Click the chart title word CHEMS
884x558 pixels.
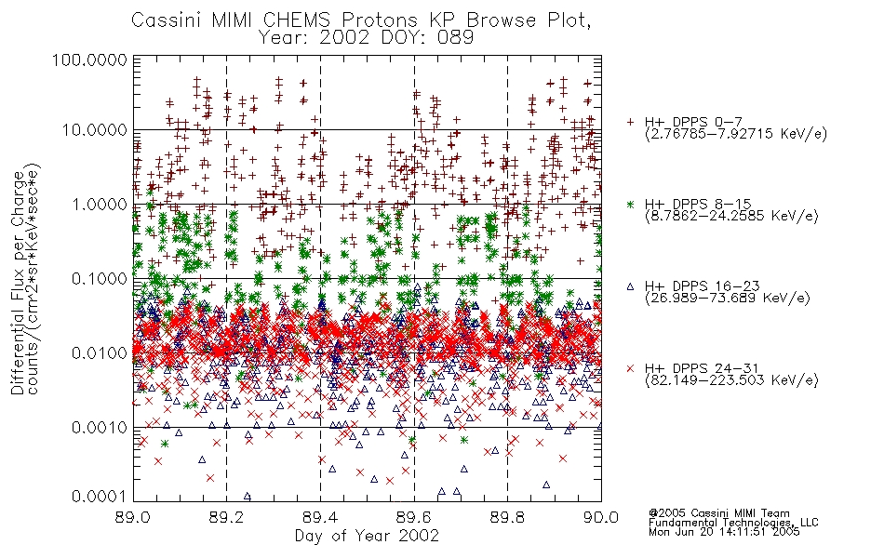click(298, 20)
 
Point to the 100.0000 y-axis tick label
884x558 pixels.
click(90, 60)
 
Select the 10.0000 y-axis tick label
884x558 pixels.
click(95, 130)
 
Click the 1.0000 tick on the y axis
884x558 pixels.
click(100, 205)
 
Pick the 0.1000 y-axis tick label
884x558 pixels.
click(100, 279)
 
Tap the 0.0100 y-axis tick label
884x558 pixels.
click(100, 353)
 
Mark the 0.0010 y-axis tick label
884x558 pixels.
click(100, 428)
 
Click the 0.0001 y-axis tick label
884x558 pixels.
click(100, 497)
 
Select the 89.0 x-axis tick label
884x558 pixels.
click(133, 517)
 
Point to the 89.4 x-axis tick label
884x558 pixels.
click(320, 517)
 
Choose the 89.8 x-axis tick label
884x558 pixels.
click(507, 517)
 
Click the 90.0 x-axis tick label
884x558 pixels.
click(601, 517)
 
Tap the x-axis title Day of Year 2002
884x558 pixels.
click(367, 536)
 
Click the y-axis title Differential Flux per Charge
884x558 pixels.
click(18, 282)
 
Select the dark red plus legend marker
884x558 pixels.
click(630, 122)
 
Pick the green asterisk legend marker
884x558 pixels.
click(630, 204)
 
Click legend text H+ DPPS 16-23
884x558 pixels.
click(702, 286)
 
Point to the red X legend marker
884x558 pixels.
click(630, 368)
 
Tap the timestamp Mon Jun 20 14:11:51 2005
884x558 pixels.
click(724, 532)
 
